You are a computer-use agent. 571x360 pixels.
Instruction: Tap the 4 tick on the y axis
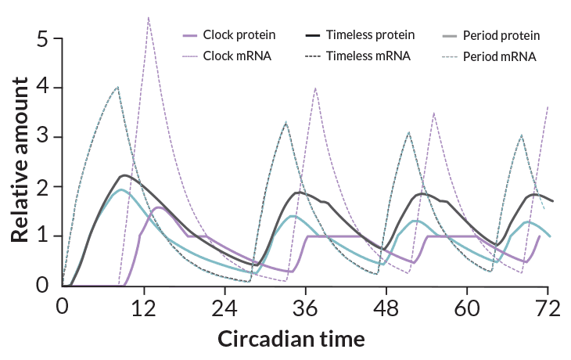pyautogui.click(x=44, y=88)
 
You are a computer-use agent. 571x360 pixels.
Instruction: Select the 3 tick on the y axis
pyautogui.click(x=44, y=137)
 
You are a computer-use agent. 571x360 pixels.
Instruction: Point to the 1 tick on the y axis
pyautogui.click(x=44, y=236)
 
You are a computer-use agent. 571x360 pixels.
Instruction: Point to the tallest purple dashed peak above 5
pyautogui.click(x=149, y=16)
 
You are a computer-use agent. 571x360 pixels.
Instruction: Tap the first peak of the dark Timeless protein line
pyautogui.click(x=125, y=175)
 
